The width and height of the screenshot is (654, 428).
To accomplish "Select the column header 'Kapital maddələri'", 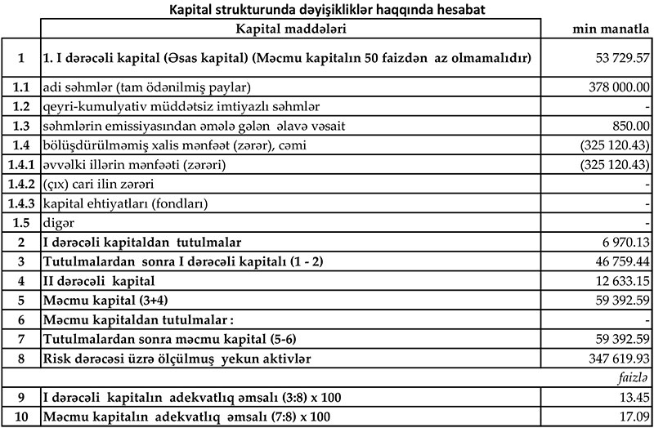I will (x=290, y=29).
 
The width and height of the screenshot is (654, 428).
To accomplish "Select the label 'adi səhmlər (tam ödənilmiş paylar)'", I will (x=146, y=87).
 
